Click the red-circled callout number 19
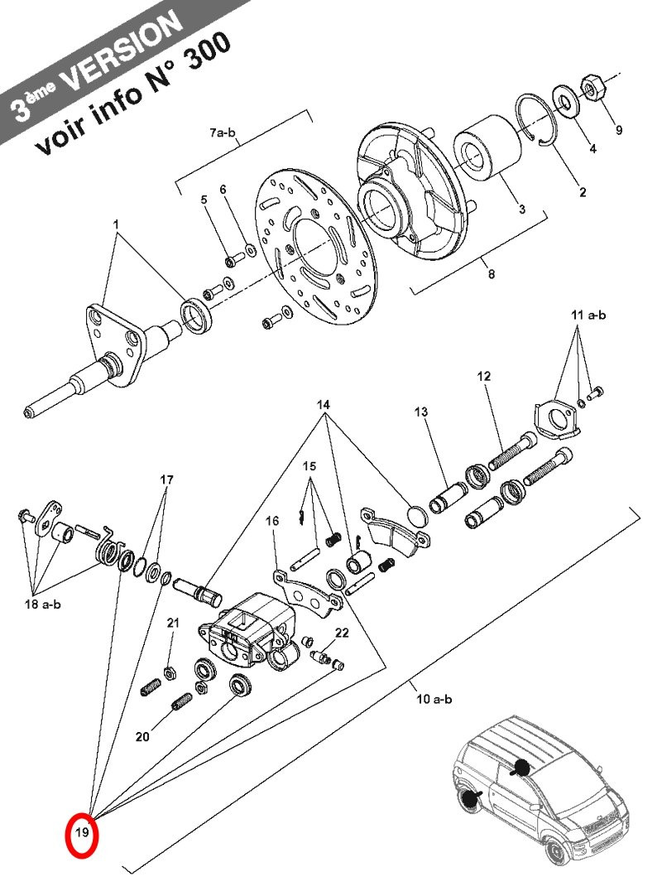click(82, 832)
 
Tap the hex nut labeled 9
click(593, 88)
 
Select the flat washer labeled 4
click(565, 102)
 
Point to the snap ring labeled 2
click(536, 120)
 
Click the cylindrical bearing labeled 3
click(487, 150)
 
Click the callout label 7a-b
click(223, 133)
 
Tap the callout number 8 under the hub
click(491, 274)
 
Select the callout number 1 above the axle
click(117, 224)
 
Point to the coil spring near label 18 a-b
click(108, 548)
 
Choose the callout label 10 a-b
click(434, 699)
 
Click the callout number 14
click(323, 405)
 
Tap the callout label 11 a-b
click(588, 314)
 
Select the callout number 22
click(342, 633)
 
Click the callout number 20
click(142, 736)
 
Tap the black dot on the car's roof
click(521, 768)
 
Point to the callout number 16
click(272, 521)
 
